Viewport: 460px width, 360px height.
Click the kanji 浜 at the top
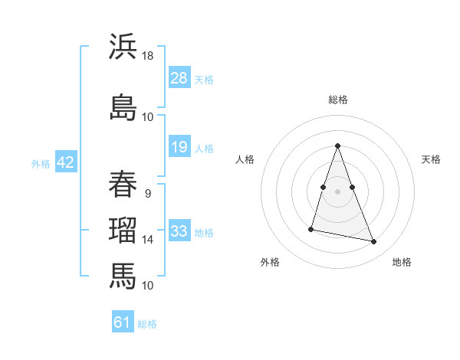tap(123, 47)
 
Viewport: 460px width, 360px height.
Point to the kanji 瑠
tap(123, 231)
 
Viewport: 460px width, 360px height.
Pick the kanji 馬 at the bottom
tap(123, 275)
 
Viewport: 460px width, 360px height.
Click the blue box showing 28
tap(179, 78)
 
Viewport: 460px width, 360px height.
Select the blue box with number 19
tap(179, 147)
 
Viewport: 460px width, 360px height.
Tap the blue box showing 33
tap(179, 231)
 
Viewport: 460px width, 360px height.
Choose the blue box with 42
tap(65, 162)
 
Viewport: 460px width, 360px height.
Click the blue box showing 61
tap(123, 322)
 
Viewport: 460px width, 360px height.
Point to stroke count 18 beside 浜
tap(148, 56)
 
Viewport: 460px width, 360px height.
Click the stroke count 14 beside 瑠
tap(148, 240)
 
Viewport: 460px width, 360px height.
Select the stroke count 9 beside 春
tap(148, 193)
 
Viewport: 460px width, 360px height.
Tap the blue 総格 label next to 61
tap(147, 324)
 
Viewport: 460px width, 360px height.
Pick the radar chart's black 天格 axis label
tap(431, 159)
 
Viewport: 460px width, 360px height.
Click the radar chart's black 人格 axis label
tap(245, 159)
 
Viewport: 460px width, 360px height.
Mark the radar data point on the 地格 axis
tap(374, 242)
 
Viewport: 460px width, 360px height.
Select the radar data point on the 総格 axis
tap(337, 146)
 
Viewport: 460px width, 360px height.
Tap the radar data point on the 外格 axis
tap(311, 228)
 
